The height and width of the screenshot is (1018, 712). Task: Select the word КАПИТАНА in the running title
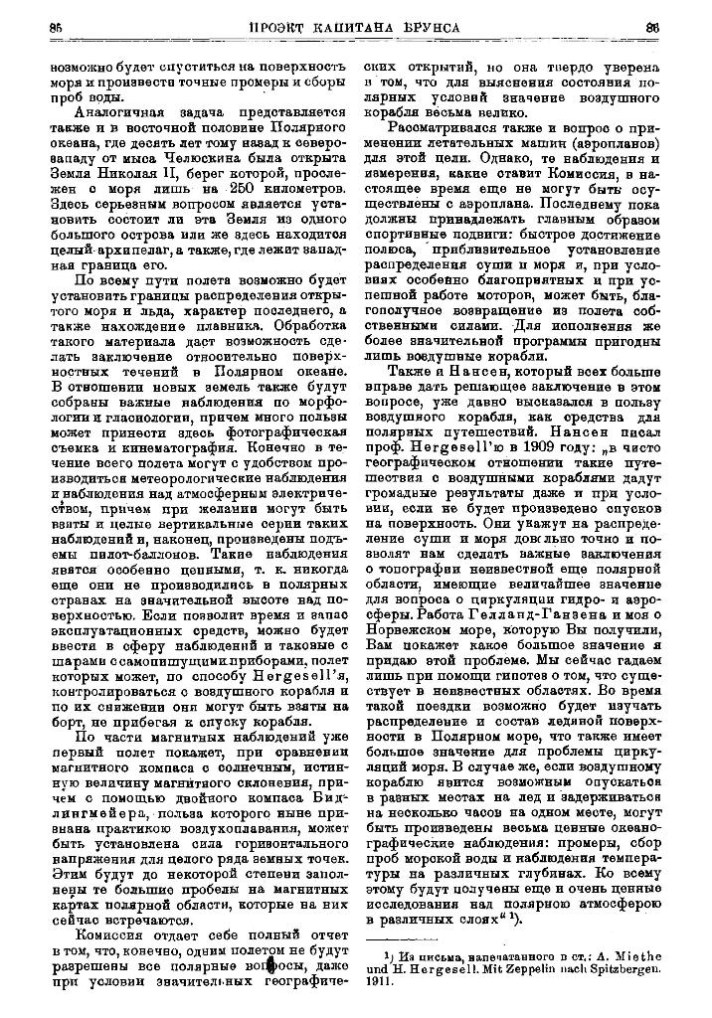point(365,27)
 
